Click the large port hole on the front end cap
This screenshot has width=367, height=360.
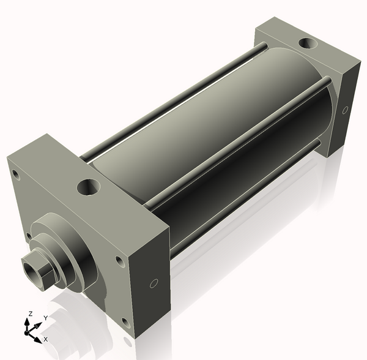(89, 187)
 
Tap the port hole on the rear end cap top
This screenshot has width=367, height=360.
(308, 43)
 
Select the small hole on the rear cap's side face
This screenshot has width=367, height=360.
(345, 110)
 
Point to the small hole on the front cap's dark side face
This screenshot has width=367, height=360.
(154, 283)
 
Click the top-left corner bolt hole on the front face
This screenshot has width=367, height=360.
(16, 174)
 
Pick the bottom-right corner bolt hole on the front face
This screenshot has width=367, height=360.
(126, 323)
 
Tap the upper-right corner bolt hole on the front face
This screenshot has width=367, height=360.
(120, 261)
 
